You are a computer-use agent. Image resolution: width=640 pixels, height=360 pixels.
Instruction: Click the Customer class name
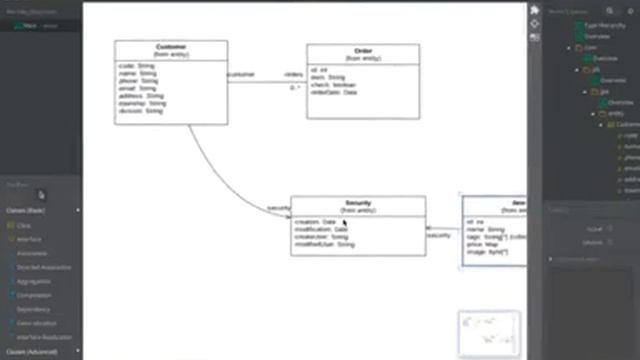(170, 46)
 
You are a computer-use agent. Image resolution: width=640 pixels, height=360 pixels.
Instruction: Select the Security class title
(358, 202)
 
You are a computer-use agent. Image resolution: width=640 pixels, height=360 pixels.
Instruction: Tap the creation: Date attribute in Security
(316, 221)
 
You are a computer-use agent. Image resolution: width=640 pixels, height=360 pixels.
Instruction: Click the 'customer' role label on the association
(241, 74)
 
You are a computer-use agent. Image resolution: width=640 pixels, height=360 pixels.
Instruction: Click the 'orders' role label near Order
(293, 74)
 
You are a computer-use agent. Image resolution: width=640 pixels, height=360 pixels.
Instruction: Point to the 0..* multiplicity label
(295, 88)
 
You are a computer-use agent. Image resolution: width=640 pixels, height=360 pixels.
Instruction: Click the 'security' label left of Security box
(278, 208)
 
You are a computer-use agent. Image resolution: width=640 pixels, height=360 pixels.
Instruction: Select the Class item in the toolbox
(24, 226)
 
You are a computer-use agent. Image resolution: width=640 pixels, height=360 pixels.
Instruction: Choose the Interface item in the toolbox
(29, 240)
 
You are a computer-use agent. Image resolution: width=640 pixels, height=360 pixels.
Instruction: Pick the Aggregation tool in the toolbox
(34, 281)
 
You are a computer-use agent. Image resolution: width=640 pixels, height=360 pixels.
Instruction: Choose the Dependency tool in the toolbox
(34, 309)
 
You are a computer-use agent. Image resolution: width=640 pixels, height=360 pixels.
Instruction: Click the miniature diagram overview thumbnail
(489, 333)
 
